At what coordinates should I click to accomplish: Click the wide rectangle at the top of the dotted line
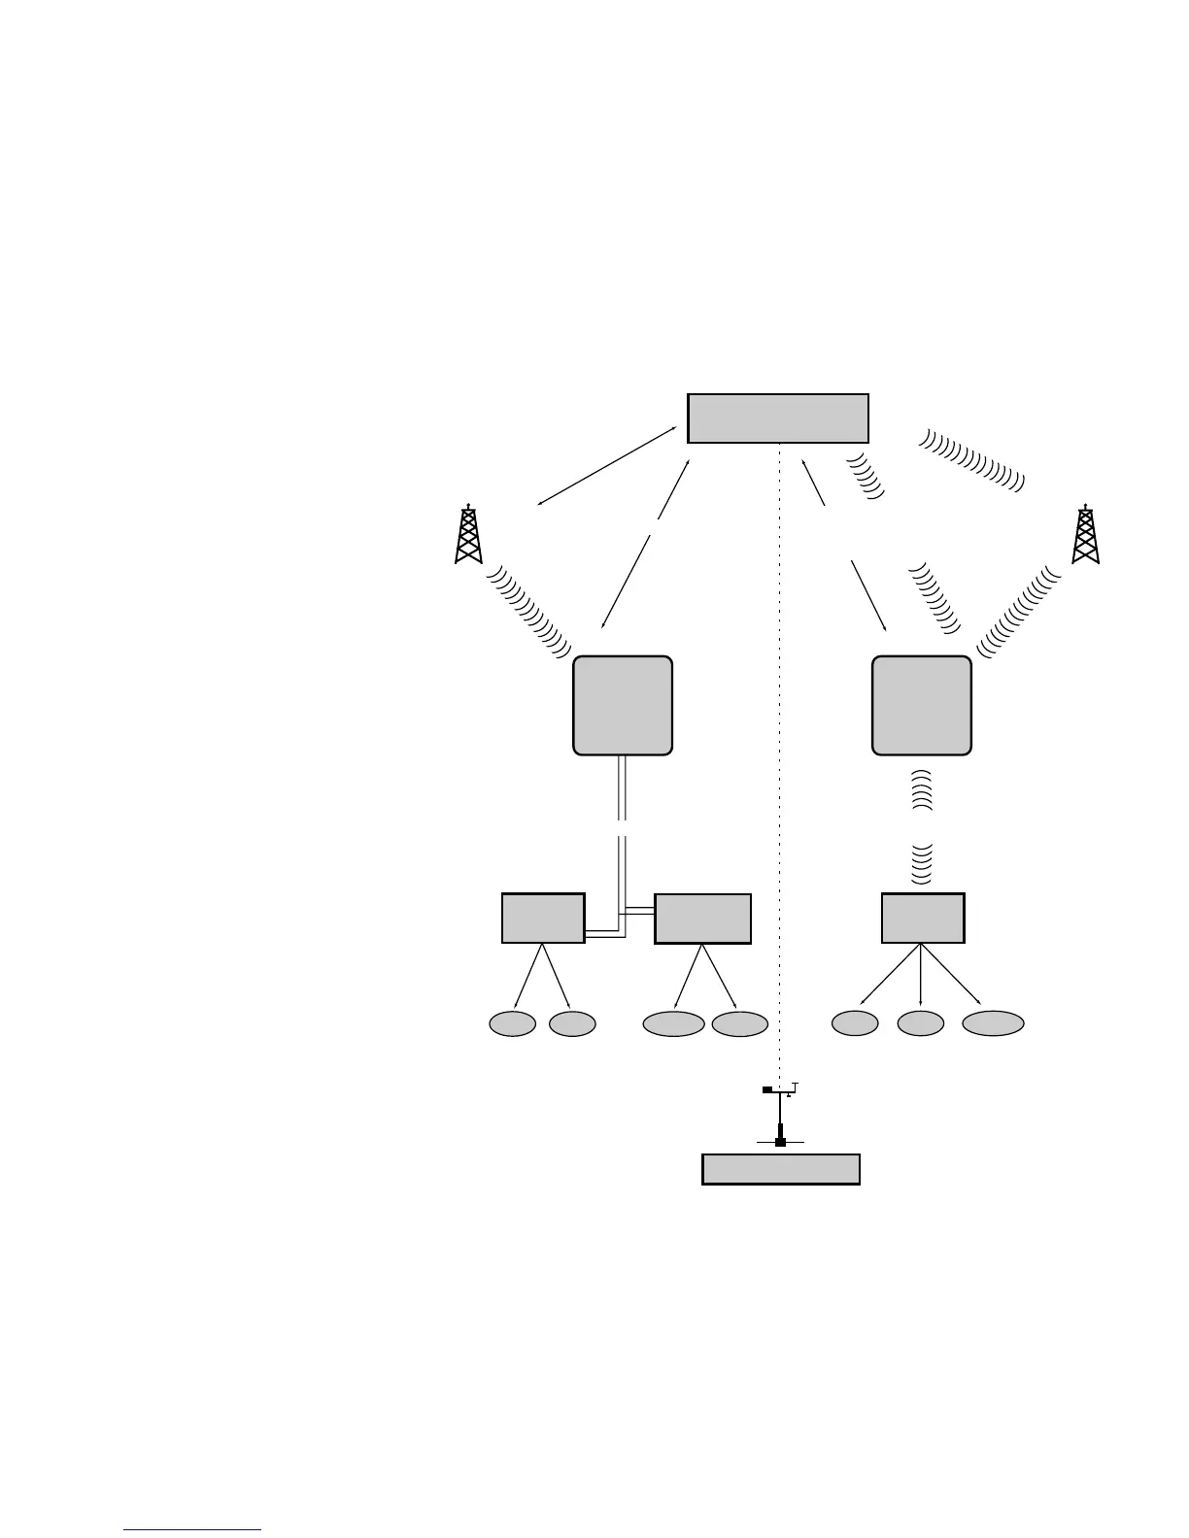click(x=777, y=418)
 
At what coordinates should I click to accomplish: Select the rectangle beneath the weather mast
click(x=780, y=1169)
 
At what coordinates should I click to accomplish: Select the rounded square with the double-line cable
click(x=623, y=705)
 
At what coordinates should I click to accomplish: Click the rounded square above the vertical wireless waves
click(x=922, y=705)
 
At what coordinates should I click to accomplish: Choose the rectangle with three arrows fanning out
click(x=922, y=918)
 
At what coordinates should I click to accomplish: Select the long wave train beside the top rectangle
click(x=971, y=458)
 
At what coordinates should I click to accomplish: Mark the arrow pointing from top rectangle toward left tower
click(x=607, y=466)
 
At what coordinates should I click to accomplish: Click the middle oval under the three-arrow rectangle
click(x=920, y=1023)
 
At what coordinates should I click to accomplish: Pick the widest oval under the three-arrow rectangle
click(x=993, y=1023)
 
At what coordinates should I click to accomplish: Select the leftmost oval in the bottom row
click(x=512, y=1023)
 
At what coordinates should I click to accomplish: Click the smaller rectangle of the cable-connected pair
click(x=543, y=918)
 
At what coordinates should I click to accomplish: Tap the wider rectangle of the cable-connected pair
click(x=702, y=919)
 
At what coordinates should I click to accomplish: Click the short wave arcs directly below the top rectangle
click(x=866, y=476)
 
